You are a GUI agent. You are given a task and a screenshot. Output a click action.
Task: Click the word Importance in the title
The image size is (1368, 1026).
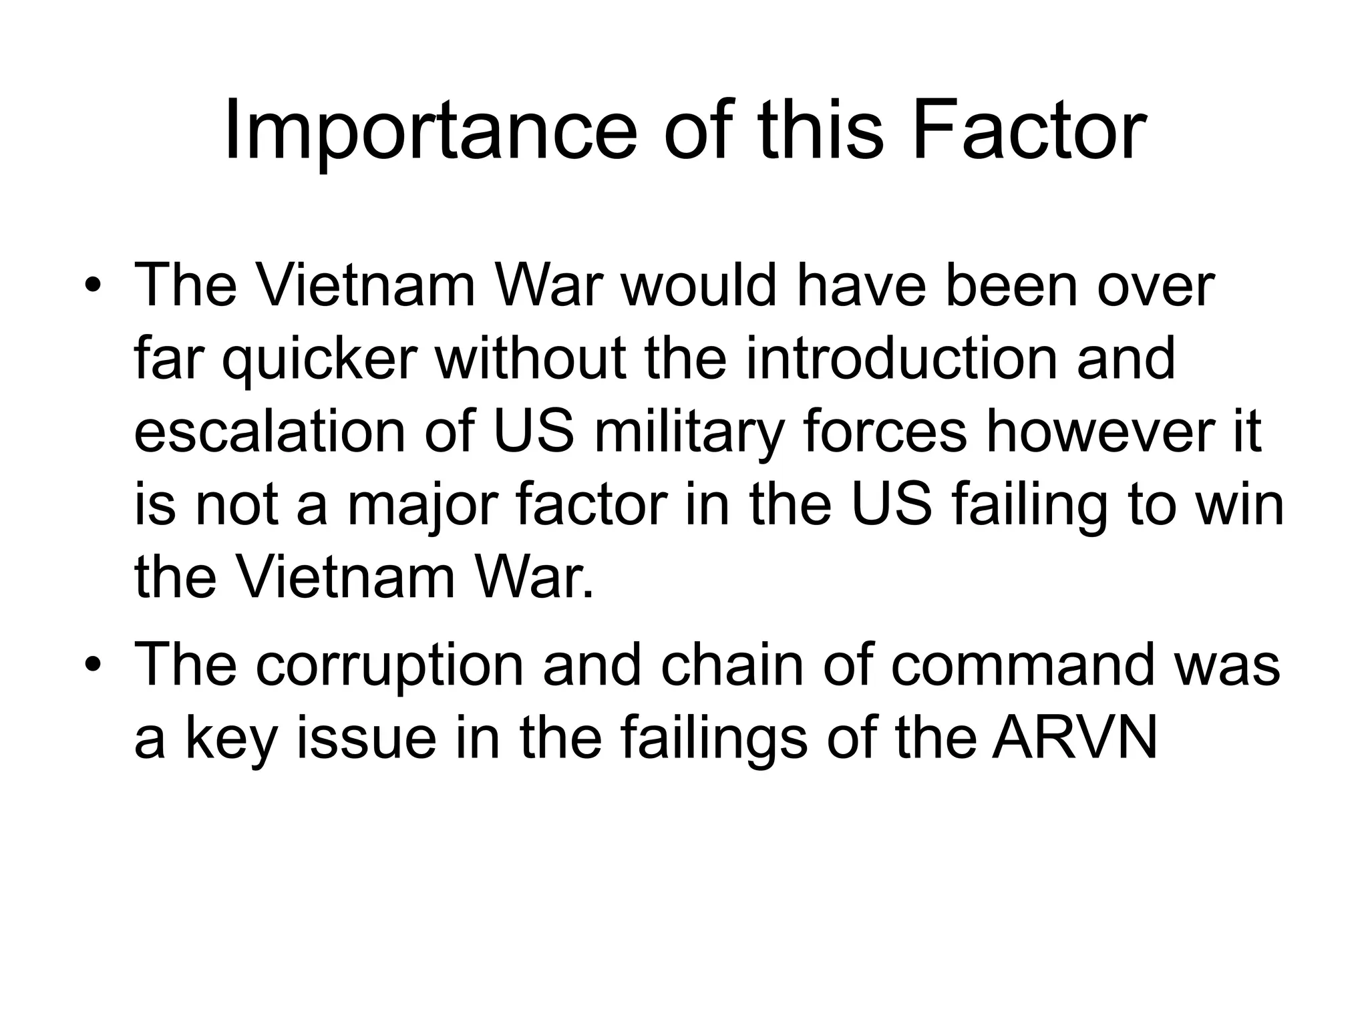coord(430,130)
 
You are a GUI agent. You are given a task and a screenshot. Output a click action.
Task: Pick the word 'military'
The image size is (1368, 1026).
coord(689,433)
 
